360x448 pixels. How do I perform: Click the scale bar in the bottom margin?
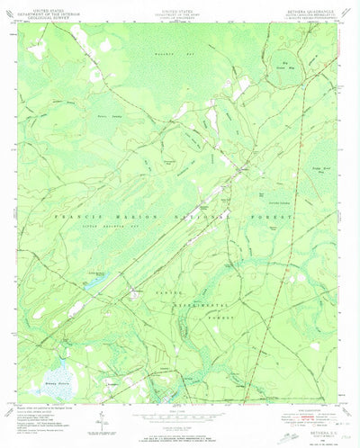click(180, 416)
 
